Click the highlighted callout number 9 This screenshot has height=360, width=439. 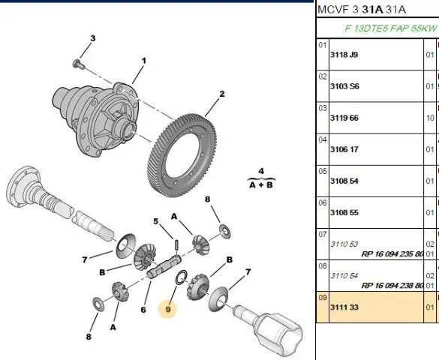click(167, 309)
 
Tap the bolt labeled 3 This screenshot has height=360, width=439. click(77, 64)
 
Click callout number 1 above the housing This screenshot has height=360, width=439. click(143, 61)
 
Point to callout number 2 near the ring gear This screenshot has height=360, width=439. click(221, 94)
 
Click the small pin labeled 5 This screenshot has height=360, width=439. click(176, 245)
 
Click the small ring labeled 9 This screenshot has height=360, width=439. click(182, 277)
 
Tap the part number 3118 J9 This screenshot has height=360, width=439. click(344, 55)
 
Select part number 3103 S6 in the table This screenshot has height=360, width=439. click(344, 86)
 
